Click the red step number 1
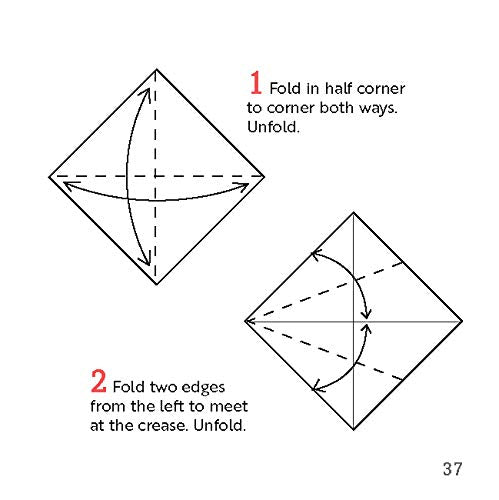(255, 83)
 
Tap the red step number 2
(99, 381)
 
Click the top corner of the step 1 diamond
(157, 69)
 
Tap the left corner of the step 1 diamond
(49, 177)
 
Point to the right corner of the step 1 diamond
(265, 177)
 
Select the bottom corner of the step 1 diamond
(157, 285)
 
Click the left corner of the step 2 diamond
(245, 321)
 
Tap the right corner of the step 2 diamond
(463, 321)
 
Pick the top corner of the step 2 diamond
(354, 212)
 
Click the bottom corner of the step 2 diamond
(354, 430)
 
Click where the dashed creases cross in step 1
(157, 177)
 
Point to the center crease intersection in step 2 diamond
(354, 321)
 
